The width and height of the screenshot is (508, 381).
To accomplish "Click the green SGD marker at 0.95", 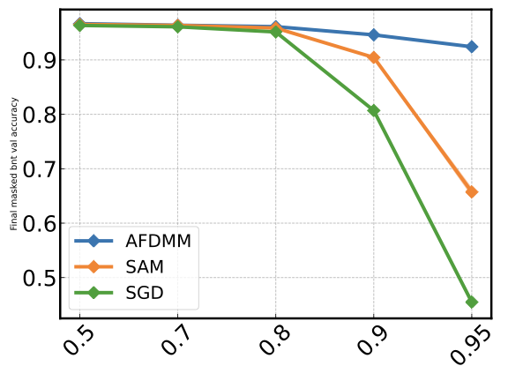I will pyautogui.click(x=472, y=302).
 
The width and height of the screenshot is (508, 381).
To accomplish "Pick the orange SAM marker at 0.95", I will pyautogui.click(x=472, y=191).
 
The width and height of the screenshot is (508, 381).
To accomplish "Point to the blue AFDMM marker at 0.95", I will pyautogui.click(x=472, y=47).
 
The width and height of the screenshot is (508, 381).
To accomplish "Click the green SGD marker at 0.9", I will pyautogui.click(x=374, y=110).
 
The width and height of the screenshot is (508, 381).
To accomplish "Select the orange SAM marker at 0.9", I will pyautogui.click(x=374, y=57).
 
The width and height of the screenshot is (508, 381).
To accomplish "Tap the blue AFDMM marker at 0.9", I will pyautogui.click(x=374, y=35).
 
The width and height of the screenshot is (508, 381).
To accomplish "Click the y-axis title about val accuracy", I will pyautogui.click(x=13, y=164).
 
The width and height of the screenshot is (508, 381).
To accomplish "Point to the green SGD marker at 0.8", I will pyautogui.click(x=276, y=32).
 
